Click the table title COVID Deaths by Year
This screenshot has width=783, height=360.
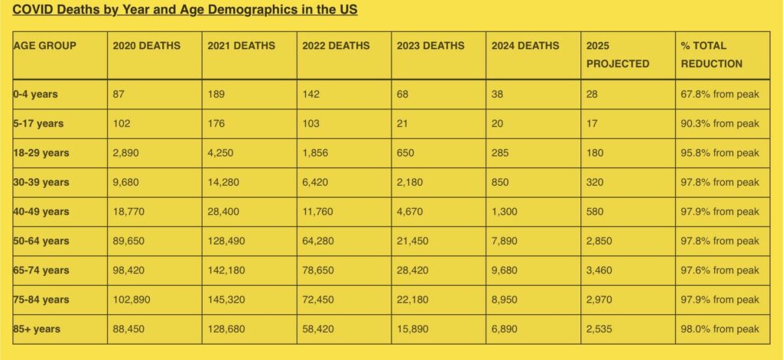(185, 10)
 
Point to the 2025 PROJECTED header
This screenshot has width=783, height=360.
(617, 54)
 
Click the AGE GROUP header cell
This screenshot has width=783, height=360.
(44, 46)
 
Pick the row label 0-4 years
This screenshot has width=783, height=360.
(35, 95)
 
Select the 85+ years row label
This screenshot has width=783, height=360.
(37, 329)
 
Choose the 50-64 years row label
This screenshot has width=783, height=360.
(41, 241)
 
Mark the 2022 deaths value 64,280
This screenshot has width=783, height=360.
(319, 241)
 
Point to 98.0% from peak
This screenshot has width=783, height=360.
(720, 329)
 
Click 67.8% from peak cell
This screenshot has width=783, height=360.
(720, 95)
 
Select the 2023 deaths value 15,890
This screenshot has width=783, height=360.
(414, 329)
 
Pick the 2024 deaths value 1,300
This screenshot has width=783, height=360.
(505, 212)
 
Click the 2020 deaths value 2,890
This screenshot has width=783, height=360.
(125, 153)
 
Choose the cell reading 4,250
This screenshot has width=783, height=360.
(220, 153)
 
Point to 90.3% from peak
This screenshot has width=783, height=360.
(720, 124)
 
